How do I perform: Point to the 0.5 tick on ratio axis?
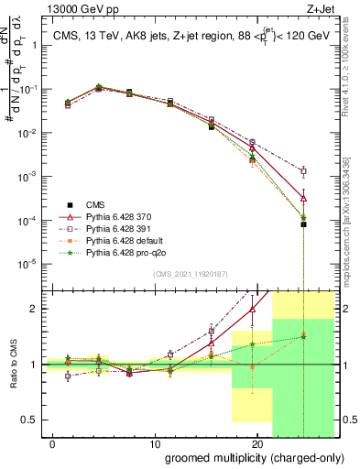[x=27, y=420]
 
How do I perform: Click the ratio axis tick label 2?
[x=31, y=309]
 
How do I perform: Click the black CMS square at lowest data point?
[x=303, y=224]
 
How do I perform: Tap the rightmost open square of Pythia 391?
[x=303, y=171]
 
